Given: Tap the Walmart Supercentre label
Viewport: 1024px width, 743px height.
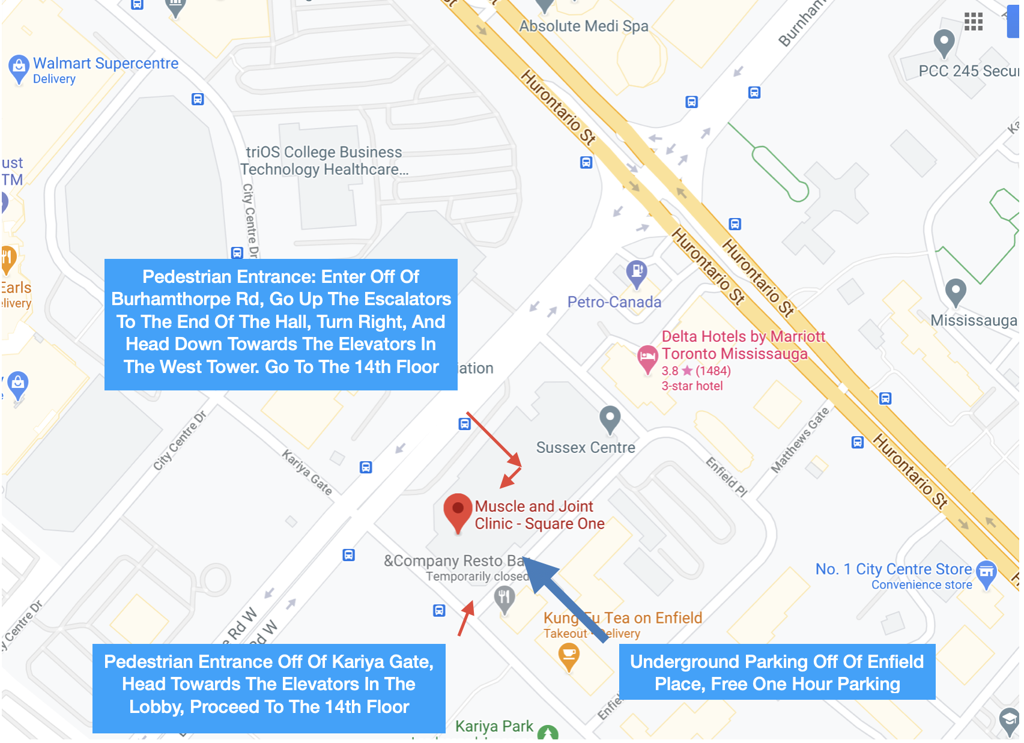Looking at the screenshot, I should (x=106, y=64).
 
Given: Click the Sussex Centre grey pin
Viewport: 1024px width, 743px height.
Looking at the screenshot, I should (x=610, y=418).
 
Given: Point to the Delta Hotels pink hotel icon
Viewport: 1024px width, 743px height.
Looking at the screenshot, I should (x=647, y=357).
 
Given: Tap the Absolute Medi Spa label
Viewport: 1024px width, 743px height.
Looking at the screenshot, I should (x=584, y=26).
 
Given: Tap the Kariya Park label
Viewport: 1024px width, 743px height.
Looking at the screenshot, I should (x=494, y=726).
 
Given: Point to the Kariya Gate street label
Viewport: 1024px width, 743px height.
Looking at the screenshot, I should (x=307, y=472).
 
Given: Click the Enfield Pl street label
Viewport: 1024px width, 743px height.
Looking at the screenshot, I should (x=726, y=477).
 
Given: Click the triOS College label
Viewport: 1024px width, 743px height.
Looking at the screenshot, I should (x=324, y=161).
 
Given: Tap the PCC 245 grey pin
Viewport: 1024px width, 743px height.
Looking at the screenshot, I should (x=944, y=43).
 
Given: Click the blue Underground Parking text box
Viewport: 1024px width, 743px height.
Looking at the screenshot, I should (x=777, y=672).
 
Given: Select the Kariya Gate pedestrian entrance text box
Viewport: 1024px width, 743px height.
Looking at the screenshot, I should (x=268, y=684).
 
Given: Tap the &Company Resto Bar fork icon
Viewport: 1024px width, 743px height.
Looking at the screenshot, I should (x=504, y=598).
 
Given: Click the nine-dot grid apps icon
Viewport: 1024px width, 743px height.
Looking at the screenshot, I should (x=973, y=22).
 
